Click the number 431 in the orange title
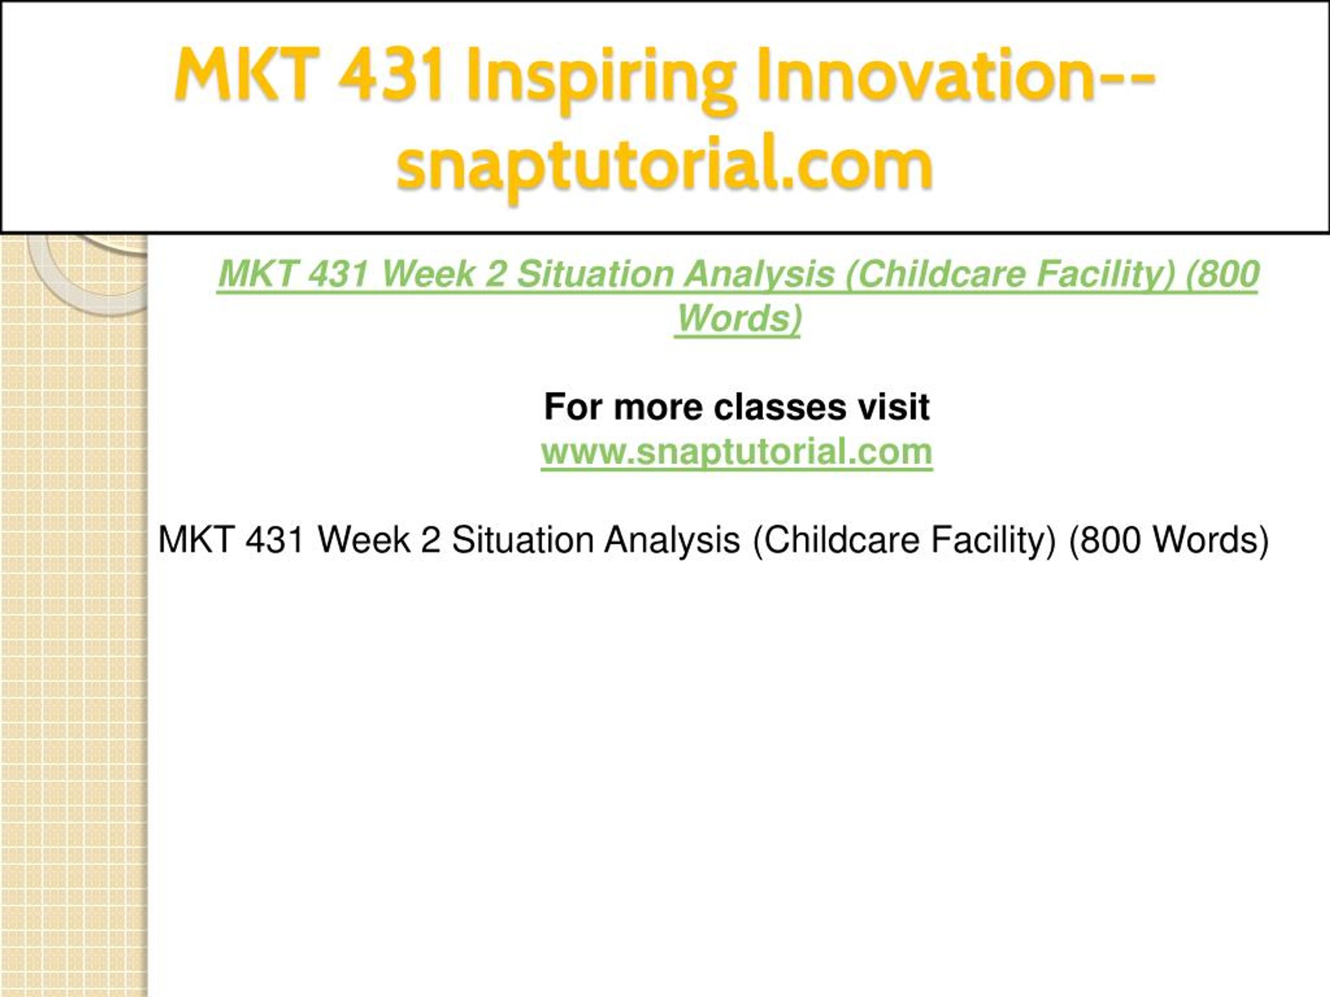pyautogui.click(x=391, y=75)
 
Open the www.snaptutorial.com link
pyautogui.click(x=737, y=452)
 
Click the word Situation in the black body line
pyautogui.click(x=523, y=540)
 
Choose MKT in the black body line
pyautogui.click(x=196, y=540)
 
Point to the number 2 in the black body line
pyautogui.click(x=431, y=540)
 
